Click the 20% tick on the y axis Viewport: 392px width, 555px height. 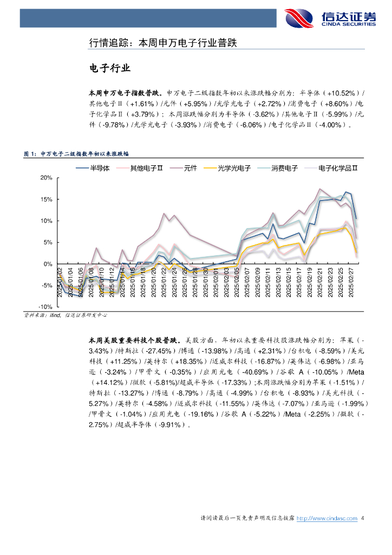click(x=46, y=178)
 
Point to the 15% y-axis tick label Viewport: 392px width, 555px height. click(x=46, y=199)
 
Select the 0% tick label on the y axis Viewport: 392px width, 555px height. click(x=48, y=264)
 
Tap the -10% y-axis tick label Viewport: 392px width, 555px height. click(x=45, y=307)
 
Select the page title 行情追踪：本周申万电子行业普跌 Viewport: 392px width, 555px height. click(x=163, y=42)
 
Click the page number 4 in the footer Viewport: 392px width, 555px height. click(x=362, y=519)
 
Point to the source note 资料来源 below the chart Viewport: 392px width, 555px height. click(x=65, y=315)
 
